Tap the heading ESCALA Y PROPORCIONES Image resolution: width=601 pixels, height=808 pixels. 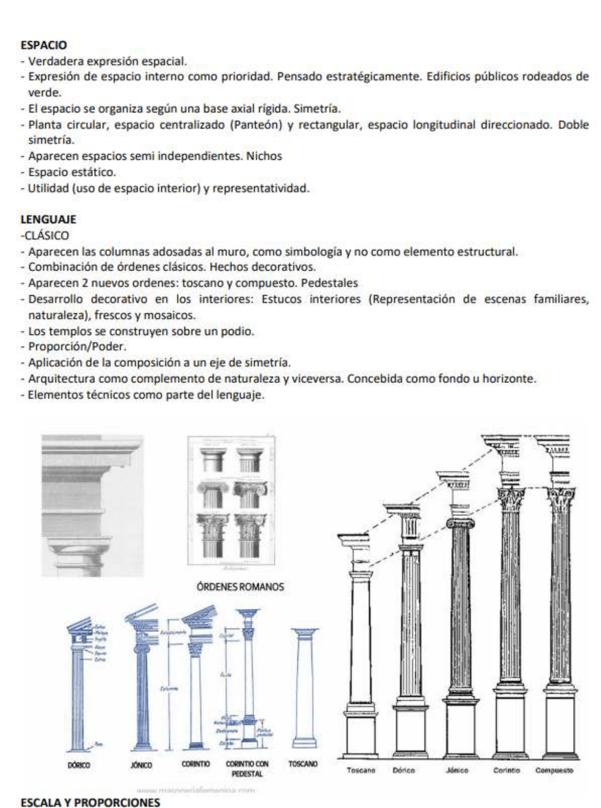(x=79, y=801)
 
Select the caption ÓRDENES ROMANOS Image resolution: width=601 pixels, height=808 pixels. (x=240, y=587)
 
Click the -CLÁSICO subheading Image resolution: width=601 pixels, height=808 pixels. (x=48, y=235)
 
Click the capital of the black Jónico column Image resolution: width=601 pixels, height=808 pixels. (x=458, y=523)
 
